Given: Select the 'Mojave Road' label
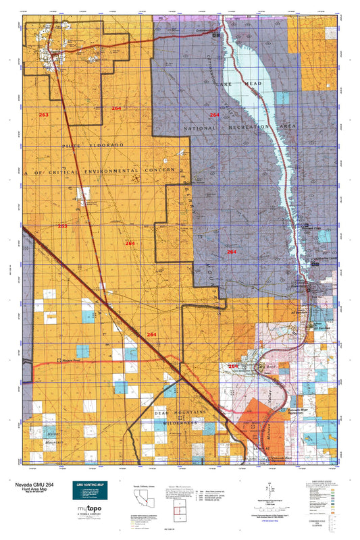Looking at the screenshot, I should [73, 362].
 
